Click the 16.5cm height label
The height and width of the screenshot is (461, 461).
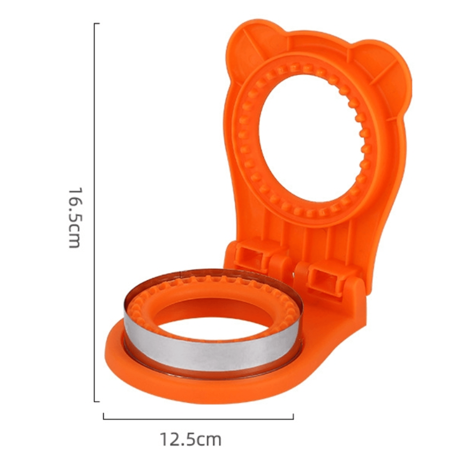click(74, 217)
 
